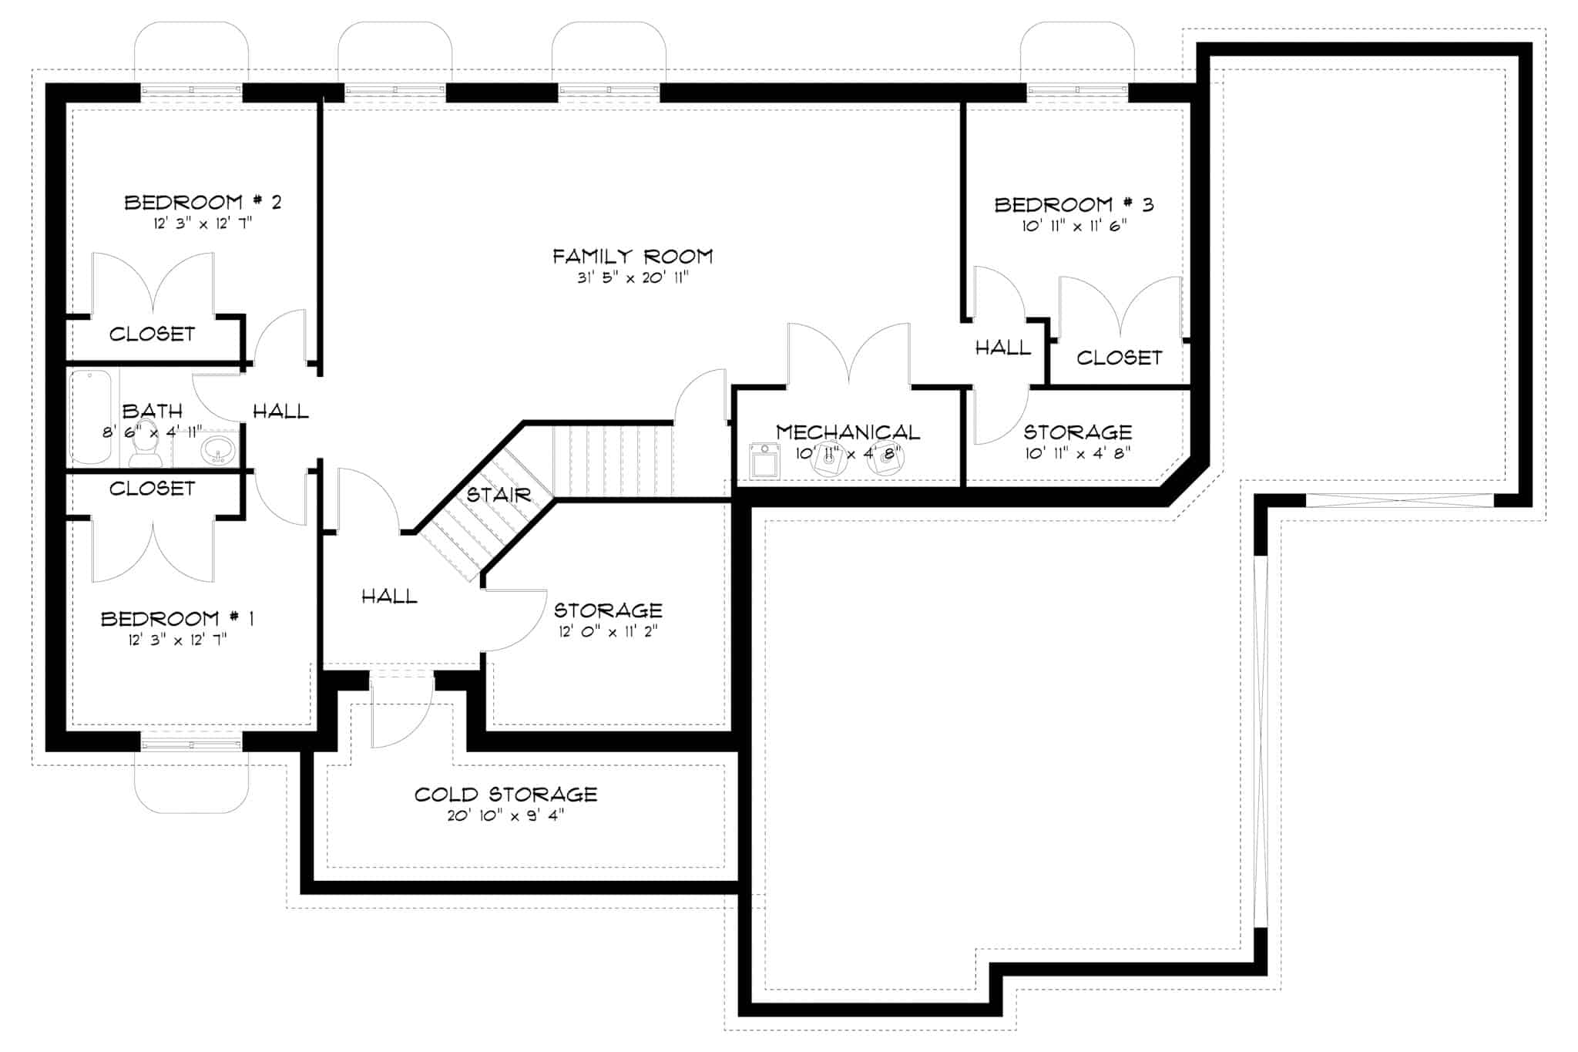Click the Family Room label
(633, 256)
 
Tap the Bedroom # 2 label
(203, 203)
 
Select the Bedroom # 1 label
(177, 619)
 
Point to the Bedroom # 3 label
(1073, 205)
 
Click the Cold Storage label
(505, 795)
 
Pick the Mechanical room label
(848, 432)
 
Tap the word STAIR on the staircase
(499, 495)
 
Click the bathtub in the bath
(91, 416)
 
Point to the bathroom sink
(219, 449)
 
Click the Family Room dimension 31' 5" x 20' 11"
(633, 277)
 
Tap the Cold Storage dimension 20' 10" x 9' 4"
(505, 815)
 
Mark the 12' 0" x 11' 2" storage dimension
(608, 632)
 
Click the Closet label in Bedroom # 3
(1119, 358)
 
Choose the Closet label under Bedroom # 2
(152, 334)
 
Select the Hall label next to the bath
(280, 412)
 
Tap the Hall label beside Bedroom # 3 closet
(1002, 348)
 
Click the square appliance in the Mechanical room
(764, 462)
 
